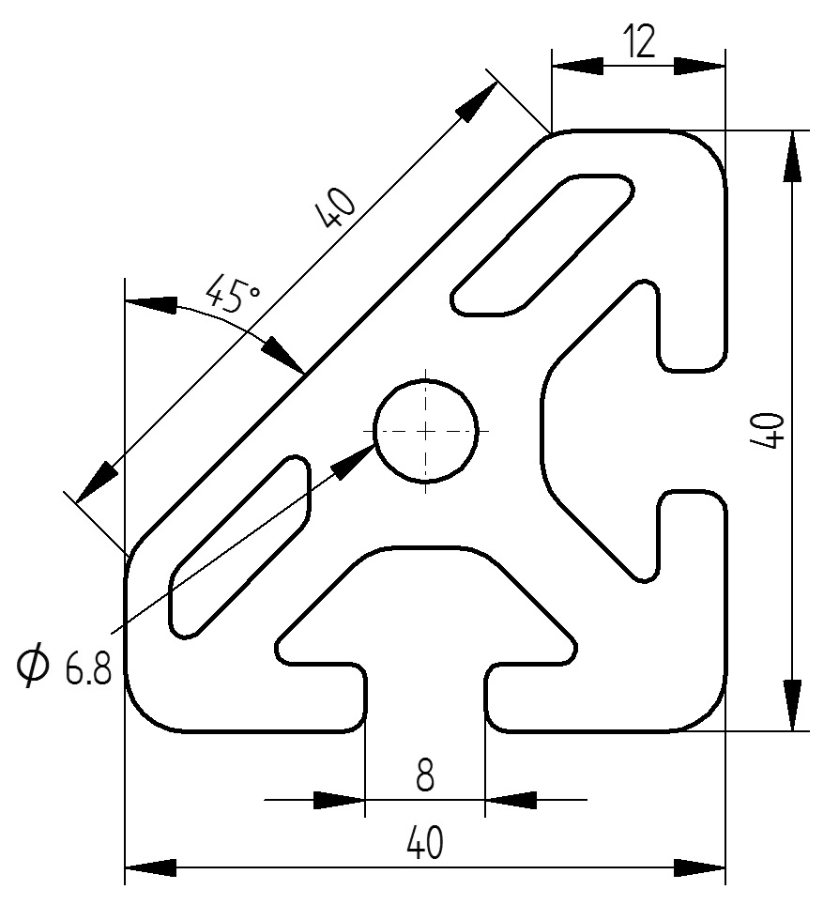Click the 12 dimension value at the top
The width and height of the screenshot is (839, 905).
[638, 43]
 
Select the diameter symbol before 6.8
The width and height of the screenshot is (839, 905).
[34, 667]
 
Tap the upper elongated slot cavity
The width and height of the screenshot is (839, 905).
[542, 244]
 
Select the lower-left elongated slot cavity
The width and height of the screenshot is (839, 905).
[239, 546]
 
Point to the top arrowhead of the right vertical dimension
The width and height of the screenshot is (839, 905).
[793, 156]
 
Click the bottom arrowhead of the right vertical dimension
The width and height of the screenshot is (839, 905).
[793, 704]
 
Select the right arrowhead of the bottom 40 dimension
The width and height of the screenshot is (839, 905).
[700, 866]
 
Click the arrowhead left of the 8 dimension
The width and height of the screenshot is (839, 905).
[338, 801]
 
